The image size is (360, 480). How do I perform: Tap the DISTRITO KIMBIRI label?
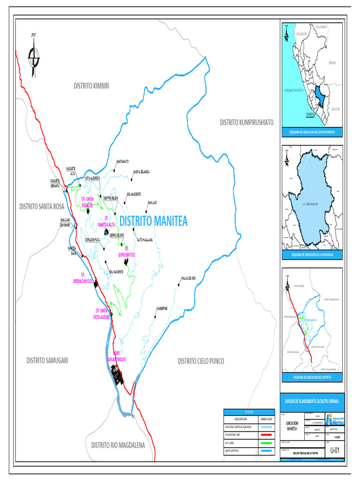pos(91,86)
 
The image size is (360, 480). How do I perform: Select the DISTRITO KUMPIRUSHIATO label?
pos(247,122)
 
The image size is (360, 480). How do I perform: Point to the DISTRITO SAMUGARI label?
pos(47,360)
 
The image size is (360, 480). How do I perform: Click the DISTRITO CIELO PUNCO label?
pos(201,361)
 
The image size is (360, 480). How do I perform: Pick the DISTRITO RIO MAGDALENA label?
pos(118,445)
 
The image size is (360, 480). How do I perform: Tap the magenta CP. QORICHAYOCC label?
pos(127,252)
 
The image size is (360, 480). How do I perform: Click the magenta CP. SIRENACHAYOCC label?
pos(83,278)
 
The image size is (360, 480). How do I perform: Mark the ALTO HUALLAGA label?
pos(145,239)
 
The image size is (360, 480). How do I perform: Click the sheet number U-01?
pos(334,450)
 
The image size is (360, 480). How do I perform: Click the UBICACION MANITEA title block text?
pos(292,426)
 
